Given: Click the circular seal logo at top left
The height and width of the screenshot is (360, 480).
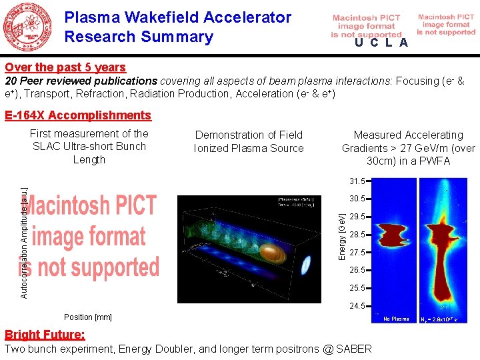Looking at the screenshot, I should point(27,27).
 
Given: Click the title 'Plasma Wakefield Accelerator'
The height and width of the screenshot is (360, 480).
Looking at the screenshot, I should point(177,17).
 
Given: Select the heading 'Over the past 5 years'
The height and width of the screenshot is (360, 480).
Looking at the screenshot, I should point(65,67).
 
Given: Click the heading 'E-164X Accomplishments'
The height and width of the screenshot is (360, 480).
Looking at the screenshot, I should point(77,115).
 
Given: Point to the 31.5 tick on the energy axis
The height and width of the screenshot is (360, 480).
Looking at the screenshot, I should point(359,181).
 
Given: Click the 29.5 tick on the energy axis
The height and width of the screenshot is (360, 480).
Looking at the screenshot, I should point(359,217).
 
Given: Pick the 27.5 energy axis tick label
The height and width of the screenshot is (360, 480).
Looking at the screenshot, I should point(359,253).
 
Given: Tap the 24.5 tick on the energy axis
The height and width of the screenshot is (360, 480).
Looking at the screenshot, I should point(359,307).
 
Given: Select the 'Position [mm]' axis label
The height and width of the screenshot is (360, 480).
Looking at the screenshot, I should point(87,317).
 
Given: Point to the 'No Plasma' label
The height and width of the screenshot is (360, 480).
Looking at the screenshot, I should point(396,319).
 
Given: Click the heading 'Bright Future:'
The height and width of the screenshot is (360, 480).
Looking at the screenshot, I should point(45,335).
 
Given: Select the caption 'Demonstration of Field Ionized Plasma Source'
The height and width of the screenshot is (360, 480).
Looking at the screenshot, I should point(249,141).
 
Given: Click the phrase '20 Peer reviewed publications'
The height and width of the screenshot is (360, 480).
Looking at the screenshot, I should point(81,81).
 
